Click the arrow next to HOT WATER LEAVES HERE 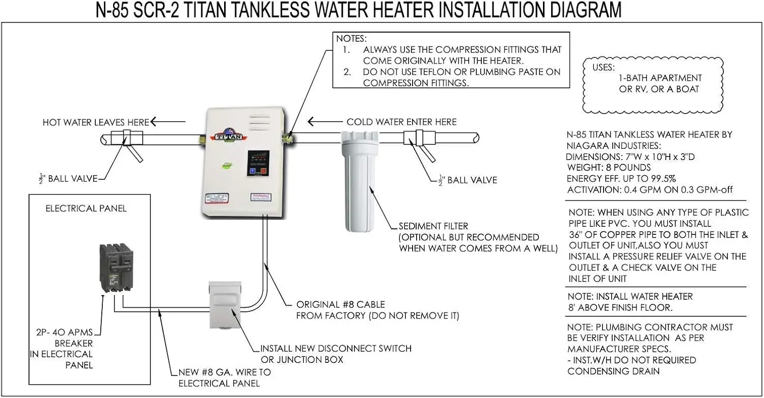(x=167, y=122)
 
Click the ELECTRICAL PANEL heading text (x=86, y=208)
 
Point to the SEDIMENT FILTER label (x=433, y=226)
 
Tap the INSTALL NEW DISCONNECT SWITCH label (x=336, y=349)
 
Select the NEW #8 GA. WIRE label (x=225, y=373)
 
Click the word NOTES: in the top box (x=351, y=38)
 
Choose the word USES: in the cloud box (x=604, y=67)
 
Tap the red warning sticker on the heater (x=260, y=198)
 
